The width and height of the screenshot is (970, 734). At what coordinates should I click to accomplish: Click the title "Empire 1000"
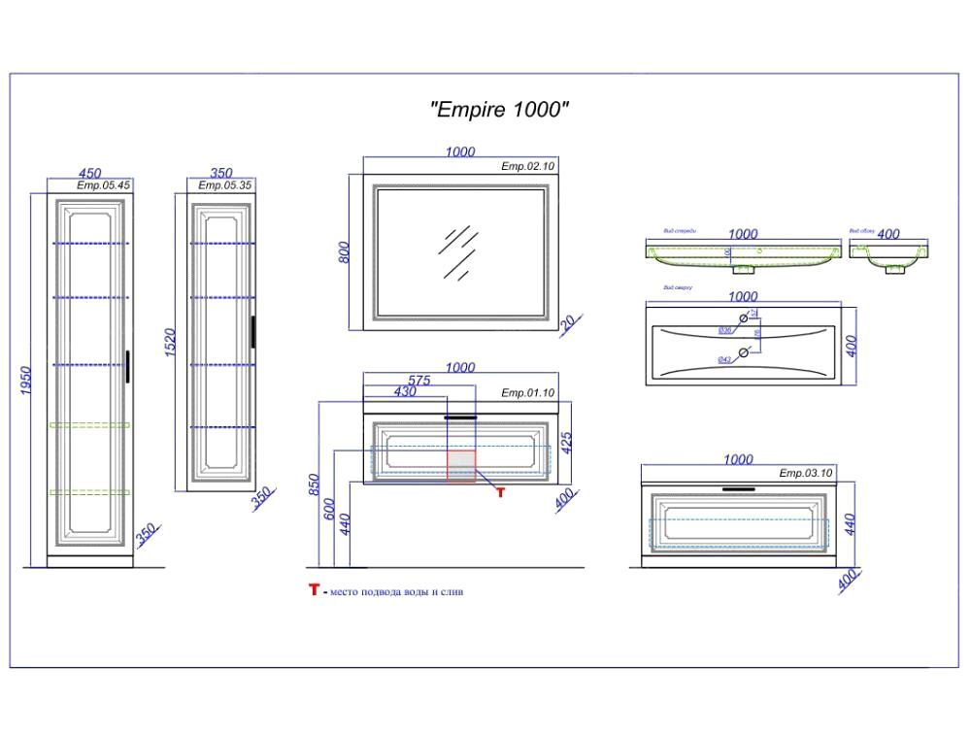pyautogui.click(x=498, y=110)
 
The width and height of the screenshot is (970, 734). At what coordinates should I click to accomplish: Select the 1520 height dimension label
pyautogui.click(x=169, y=343)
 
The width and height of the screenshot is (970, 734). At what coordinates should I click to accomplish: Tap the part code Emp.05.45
pyautogui.click(x=104, y=184)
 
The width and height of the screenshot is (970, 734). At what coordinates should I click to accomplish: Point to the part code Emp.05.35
pyautogui.click(x=225, y=184)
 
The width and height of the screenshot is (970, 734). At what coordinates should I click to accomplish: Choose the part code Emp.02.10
pyautogui.click(x=527, y=167)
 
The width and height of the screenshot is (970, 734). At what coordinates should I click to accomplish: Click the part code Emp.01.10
pyautogui.click(x=527, y=393)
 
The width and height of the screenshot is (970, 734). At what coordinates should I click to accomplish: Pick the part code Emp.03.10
pyautogui.click(x=806, y=473)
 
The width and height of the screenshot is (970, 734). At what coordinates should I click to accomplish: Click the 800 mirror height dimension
pyautogui.click(x=343, y=252)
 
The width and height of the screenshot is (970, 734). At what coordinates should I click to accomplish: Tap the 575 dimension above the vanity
pyautogui.click(x=418, y=381)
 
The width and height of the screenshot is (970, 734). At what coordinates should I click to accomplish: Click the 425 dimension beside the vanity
pyautogui.click(x=568, y=442)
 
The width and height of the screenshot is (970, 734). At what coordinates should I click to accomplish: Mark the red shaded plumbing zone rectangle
pyautogui.click(x=461, y=465)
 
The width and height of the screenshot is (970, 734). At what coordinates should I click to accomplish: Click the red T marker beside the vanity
pyautogui.click(x=501, y=493)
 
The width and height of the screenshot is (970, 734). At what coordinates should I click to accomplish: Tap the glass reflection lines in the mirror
pyautogui.click(x=456, y=251)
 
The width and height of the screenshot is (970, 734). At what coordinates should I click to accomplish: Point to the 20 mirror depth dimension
pyautogui.click(x=568, y=318)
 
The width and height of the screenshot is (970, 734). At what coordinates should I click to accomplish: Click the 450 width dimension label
pyautogui.click(x=89, y=173)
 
